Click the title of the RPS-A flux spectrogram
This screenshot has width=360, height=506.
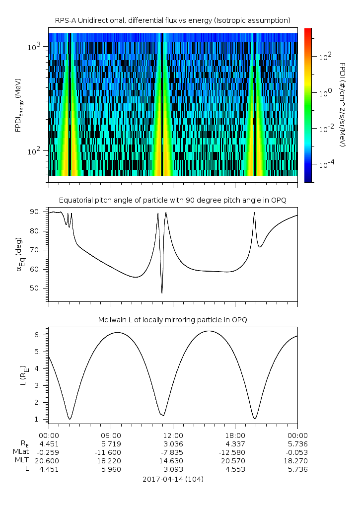tap(173, 20)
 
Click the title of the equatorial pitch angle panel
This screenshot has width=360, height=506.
tap(173, 200)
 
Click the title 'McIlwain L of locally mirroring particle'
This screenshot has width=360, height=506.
tap(173, 320)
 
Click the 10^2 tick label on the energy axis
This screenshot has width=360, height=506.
tap(37, 151)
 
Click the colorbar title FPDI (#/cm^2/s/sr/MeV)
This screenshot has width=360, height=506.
tap(342, 105)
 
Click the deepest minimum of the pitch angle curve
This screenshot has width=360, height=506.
tap(162, 292)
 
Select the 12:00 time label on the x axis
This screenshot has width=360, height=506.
tap(172, 435)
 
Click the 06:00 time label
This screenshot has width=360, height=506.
tap(110, 435)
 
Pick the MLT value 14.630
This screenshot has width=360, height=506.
tap(172, 461)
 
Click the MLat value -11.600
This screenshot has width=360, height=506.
tap(110, 452)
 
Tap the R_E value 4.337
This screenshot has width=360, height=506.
tap(235, 443)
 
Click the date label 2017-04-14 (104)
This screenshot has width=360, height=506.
tap(173, 479)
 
